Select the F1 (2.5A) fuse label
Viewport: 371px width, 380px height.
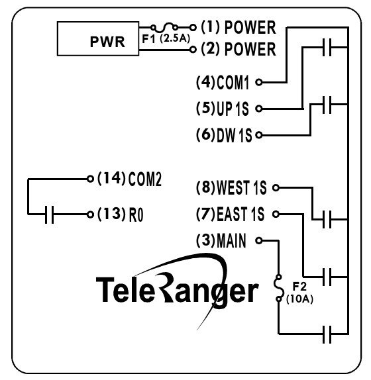(x=166, y=38)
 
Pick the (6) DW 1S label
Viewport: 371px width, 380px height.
(x=224, y=135)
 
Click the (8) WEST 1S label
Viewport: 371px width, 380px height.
(x=231, y=188)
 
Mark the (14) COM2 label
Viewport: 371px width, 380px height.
(x=129, y=179)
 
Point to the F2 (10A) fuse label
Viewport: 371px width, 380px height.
(x=300, y=293)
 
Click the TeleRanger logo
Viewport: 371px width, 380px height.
(x=178, y=289)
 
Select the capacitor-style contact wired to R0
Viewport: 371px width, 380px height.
(x=48, y=214)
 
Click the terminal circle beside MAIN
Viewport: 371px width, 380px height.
(x=259, y=240)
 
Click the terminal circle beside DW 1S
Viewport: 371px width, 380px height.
(x=259, y=135)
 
